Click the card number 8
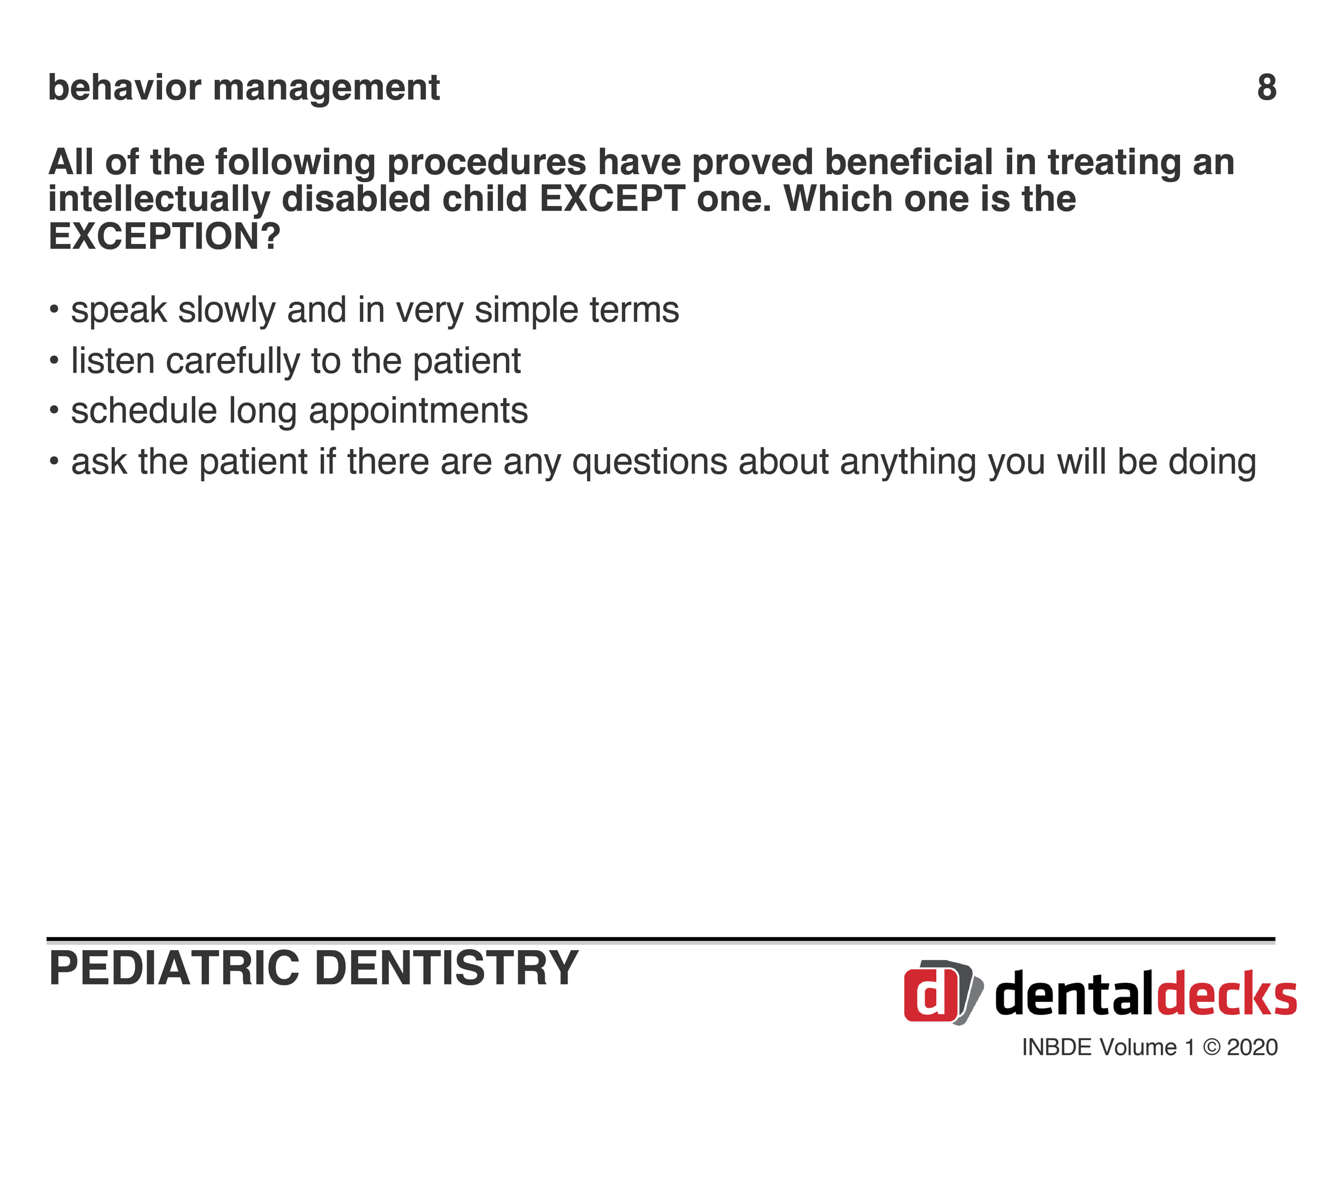point(1267,88)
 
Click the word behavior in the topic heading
point(125,88)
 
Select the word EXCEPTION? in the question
point(165,236)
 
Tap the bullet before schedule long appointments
point(54,411)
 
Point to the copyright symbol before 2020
point(1211,1047)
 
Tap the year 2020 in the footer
point(1252,1047)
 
